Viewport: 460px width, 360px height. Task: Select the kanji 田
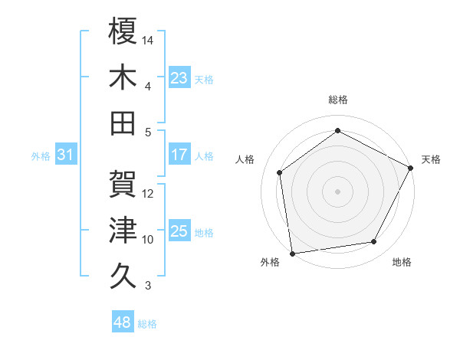123,123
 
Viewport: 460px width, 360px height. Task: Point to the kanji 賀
123,184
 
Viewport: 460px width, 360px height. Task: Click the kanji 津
123,230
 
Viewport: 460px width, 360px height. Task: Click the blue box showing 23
179,77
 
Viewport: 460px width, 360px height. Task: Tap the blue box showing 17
179,155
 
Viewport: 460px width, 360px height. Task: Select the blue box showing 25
179,231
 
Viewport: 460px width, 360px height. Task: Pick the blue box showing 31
66,155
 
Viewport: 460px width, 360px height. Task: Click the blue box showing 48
122,322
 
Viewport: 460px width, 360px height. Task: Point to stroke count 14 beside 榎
149,39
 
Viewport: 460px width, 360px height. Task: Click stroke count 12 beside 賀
149,193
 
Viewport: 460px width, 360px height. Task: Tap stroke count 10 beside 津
149,240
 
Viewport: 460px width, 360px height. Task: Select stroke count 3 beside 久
147,286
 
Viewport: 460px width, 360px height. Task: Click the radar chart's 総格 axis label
337,100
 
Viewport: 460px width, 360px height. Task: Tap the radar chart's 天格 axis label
431,159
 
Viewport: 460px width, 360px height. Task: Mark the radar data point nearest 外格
291,253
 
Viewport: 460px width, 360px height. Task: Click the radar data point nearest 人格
280,172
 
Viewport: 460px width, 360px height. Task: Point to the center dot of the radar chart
337,191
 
